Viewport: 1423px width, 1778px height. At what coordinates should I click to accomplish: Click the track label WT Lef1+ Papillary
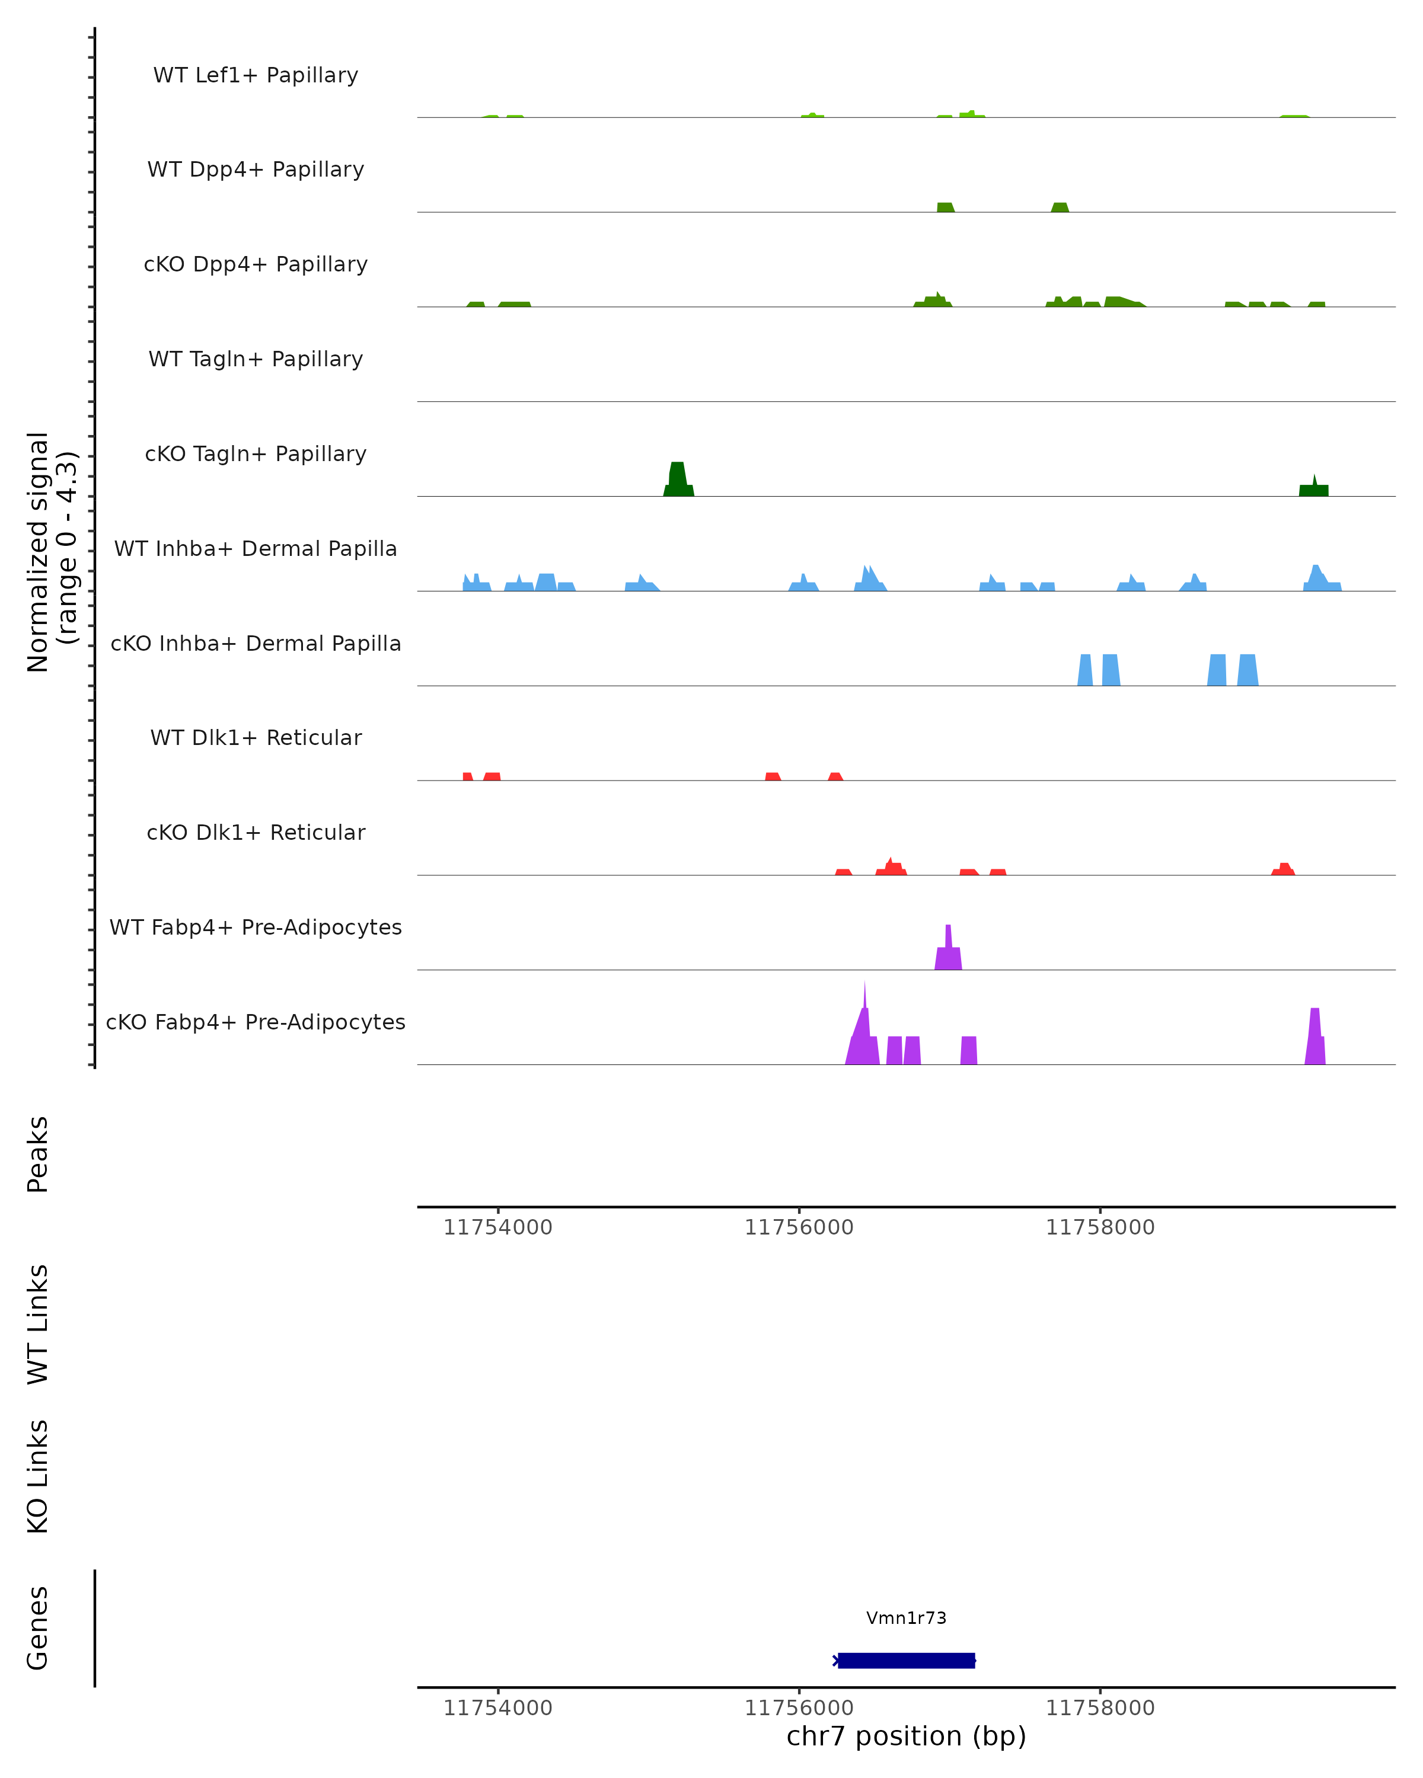256,75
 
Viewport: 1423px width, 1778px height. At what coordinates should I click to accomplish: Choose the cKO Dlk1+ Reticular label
256,832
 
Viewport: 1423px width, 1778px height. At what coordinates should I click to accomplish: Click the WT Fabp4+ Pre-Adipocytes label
256,927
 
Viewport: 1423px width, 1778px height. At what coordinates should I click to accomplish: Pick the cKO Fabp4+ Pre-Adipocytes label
256,1022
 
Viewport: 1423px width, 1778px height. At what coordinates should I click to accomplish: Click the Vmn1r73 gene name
906,1618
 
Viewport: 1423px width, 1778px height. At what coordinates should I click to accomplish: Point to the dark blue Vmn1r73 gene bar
906,1660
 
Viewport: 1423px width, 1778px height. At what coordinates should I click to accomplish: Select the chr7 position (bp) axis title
906,1736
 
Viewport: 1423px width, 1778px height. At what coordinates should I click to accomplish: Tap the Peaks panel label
38,1154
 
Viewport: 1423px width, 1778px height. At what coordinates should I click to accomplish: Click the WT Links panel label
38,1323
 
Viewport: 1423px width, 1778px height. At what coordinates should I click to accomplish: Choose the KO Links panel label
38,1476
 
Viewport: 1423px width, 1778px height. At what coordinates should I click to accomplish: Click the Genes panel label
38,1628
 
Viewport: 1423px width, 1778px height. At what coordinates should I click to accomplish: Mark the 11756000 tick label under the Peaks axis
799,1227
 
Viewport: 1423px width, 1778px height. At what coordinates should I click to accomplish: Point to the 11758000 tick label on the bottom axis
1100,1708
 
